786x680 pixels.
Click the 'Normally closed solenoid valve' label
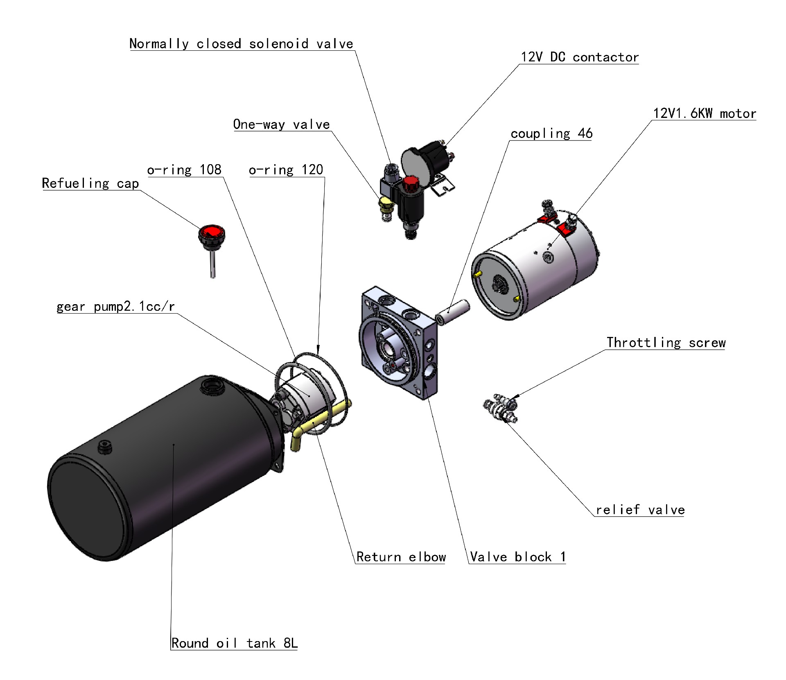pos(241,44)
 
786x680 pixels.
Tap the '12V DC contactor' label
pos(580,57)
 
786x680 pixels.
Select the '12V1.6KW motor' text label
pos(705,113)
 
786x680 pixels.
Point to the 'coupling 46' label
pos(551,133)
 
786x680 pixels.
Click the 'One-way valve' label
pos(282,124)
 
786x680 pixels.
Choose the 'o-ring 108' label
pos(184,170)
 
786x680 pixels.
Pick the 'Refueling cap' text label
pos(90,183)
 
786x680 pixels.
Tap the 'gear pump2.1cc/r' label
pos(116,307)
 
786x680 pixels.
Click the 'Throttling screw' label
pos(666,343)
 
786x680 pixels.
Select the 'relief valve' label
pos(640,510)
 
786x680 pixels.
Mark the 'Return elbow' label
pos(401,557)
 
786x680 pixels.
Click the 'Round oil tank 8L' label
pos(234,643)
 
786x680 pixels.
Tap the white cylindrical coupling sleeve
pos(452,312)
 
